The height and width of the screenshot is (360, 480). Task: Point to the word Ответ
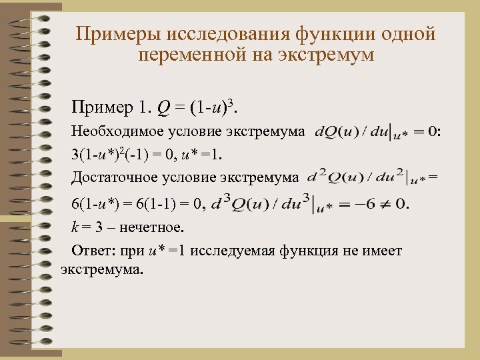91,252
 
